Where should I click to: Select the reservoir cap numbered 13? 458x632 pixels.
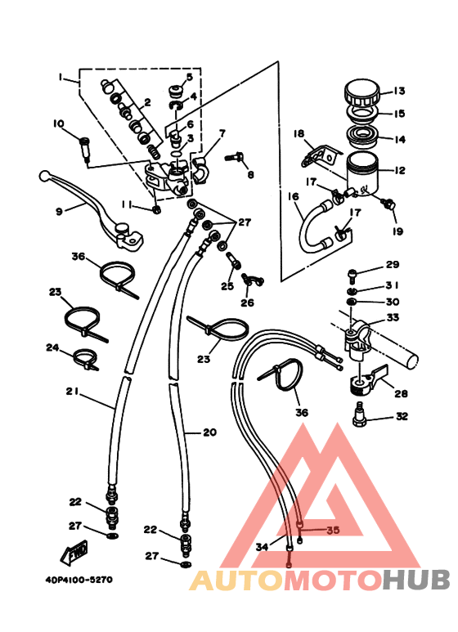[x=361, y=92]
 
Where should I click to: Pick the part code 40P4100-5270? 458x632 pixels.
[x=79, y=580]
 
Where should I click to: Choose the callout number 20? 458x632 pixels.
[x=209, y=433]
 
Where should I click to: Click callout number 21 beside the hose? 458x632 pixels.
[x=72, y=392]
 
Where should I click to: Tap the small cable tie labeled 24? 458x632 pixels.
[x=86, y=358]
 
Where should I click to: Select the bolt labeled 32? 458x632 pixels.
[x=358, y=415]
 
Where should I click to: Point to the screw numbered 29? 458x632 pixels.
[x=351, y=275]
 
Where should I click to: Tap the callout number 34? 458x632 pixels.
[x=262, y=547]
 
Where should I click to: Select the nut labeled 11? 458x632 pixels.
[x=157, y=209]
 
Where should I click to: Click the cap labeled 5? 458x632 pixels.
[x=174, y=91]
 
